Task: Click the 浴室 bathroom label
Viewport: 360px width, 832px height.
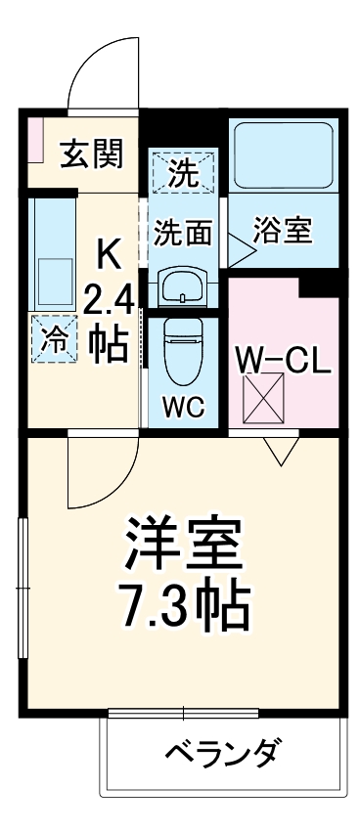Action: [x=283, y=232]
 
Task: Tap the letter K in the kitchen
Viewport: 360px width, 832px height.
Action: [x=108, y=254]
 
